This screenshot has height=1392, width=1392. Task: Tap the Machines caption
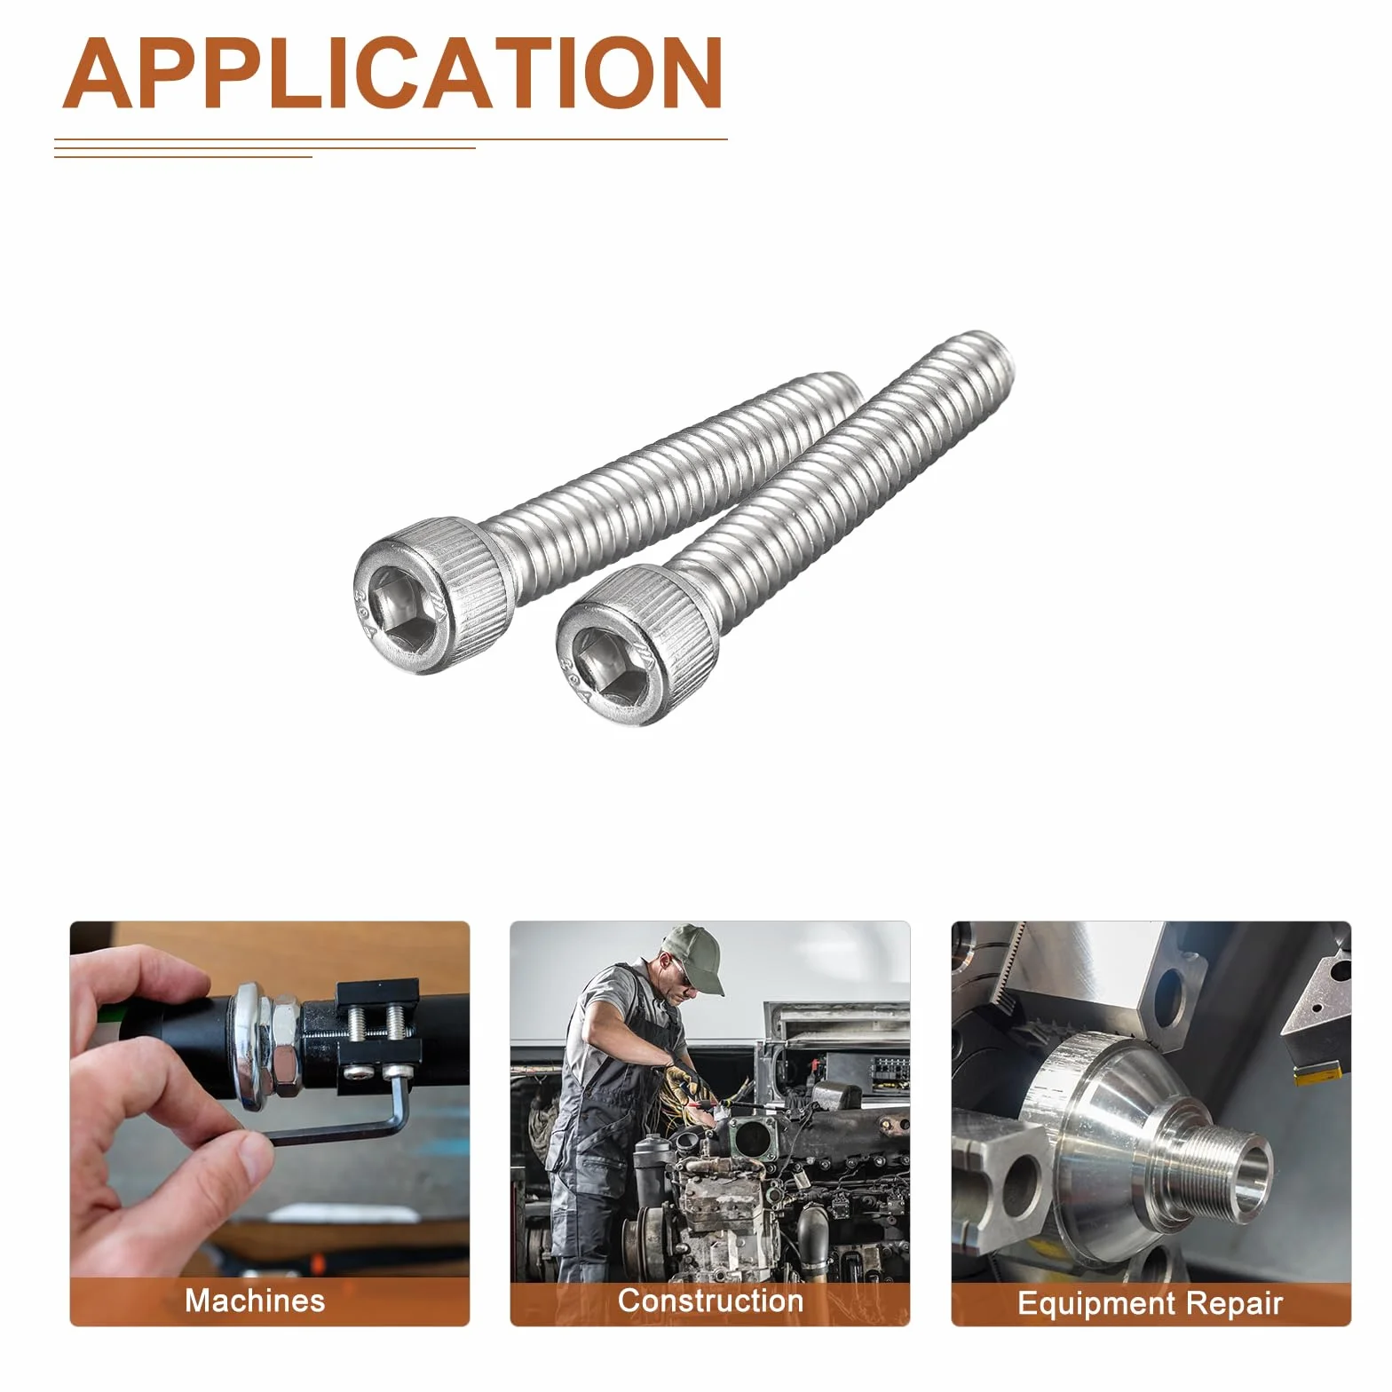pyautogui.click(x=255, y=1301)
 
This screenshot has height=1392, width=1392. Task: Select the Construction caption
pyautogui.click(x=710, y=1301)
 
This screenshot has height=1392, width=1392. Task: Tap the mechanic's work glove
pyautogui.click(x=684, y=1083)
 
